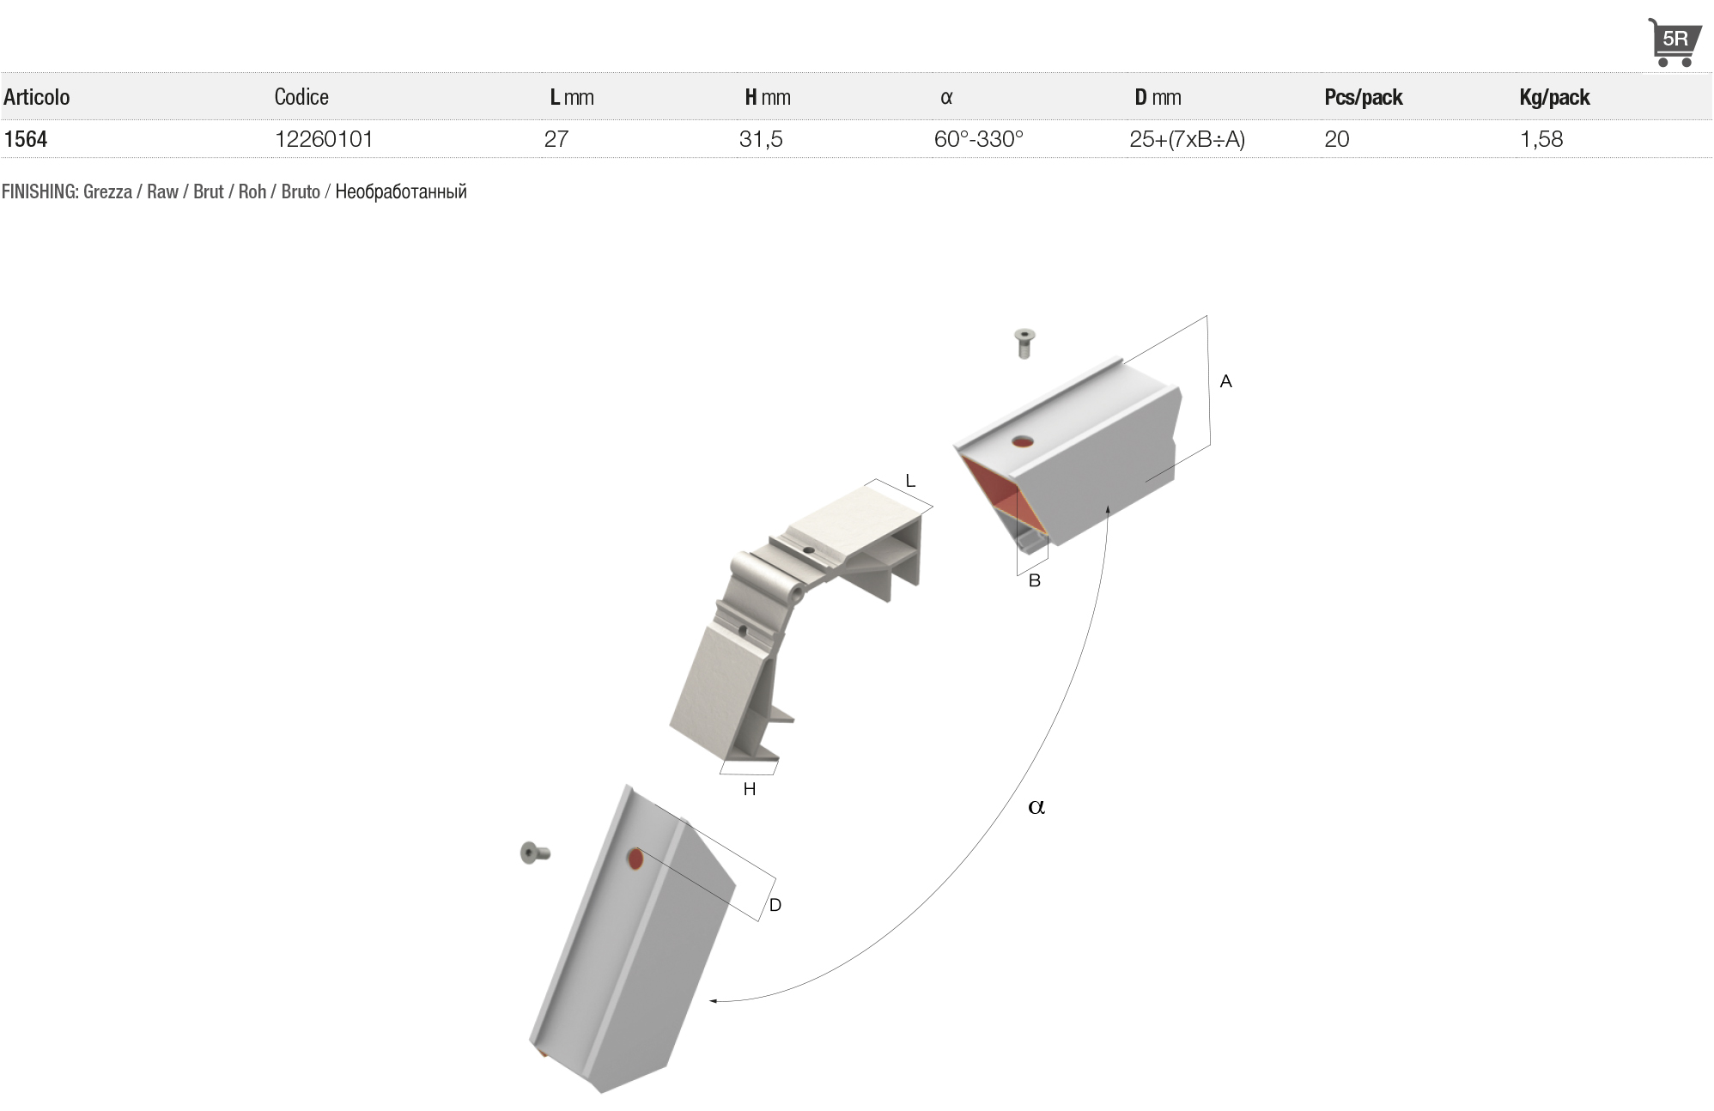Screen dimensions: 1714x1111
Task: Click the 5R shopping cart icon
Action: point(1674,42)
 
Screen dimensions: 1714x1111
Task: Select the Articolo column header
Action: point(37,97)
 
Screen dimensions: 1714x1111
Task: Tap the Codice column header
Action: point(301,97)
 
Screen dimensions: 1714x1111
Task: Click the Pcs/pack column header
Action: point(1364,97)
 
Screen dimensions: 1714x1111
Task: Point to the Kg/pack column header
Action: point(1554,97)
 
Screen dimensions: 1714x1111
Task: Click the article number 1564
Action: point(26,139)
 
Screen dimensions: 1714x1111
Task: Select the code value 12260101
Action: point(324,139)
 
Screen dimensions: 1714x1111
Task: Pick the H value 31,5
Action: point(761,139)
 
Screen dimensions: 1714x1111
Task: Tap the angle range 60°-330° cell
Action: point(979,139)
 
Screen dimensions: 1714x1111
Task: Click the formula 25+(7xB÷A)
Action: point(1187,139)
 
